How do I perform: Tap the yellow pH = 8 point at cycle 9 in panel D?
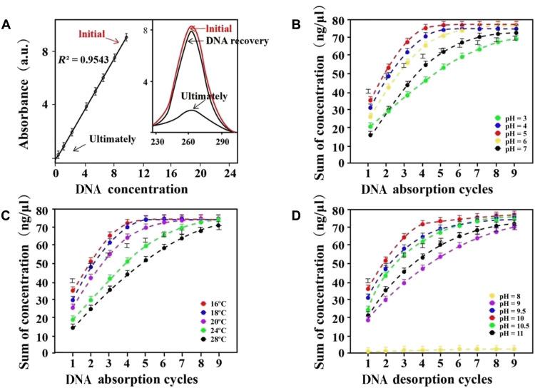514,349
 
